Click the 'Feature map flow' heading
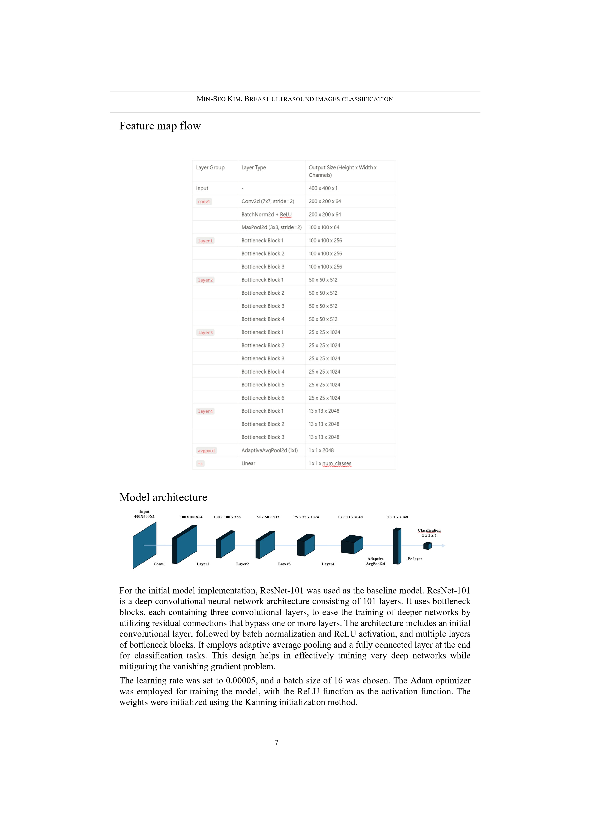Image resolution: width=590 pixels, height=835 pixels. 160,126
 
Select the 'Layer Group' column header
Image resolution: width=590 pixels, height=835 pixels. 210,168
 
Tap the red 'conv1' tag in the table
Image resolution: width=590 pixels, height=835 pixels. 204,202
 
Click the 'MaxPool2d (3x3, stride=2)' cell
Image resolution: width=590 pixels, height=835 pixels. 271,227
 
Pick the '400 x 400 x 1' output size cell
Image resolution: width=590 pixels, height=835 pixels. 323,188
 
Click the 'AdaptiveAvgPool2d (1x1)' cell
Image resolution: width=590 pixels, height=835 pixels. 269,450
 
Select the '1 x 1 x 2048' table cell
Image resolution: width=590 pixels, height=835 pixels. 321,450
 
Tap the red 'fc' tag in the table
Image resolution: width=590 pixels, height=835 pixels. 200,464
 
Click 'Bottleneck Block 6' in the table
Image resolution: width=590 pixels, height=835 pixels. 263,398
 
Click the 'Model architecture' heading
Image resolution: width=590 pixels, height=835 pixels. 163,497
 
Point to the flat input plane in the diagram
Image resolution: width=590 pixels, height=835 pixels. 144,545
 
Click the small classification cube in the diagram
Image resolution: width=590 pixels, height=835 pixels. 428,546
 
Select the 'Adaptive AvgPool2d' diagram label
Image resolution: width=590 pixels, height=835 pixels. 375,561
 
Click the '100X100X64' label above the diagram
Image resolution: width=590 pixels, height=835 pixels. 191,517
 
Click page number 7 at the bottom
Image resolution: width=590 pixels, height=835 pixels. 276,743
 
